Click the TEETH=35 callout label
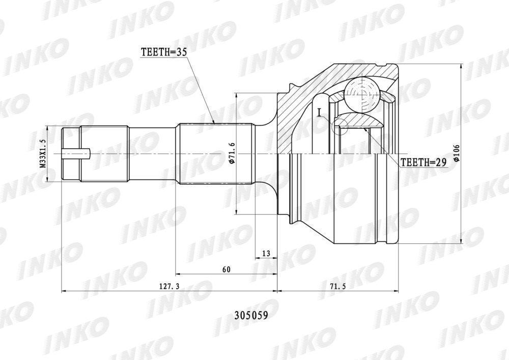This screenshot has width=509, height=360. click(164, 52)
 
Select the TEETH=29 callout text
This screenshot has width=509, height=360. click(423, 162)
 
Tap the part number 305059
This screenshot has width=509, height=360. click(251, 316)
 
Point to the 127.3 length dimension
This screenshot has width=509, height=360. click(169, 286)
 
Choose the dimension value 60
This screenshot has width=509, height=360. click(227, 269)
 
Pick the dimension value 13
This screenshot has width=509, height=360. click(266, 254)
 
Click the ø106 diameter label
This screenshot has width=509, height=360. click(457, 153)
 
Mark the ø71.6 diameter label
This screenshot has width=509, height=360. click(232, 153)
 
